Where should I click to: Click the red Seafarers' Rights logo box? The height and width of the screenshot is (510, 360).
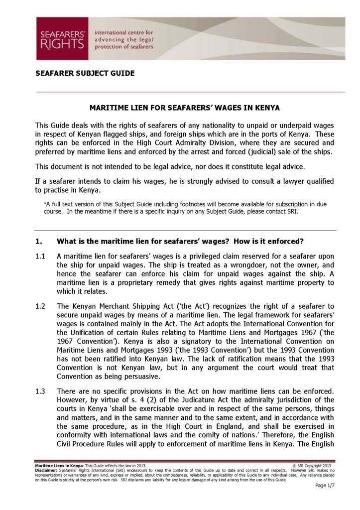(62, 38)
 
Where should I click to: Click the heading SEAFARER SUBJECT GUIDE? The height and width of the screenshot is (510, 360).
(85, 73)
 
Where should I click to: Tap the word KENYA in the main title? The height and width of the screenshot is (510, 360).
(267, 108)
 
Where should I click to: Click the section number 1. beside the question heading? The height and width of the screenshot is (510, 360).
(39, 242)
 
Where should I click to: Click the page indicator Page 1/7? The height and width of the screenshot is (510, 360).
(325, 486)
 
